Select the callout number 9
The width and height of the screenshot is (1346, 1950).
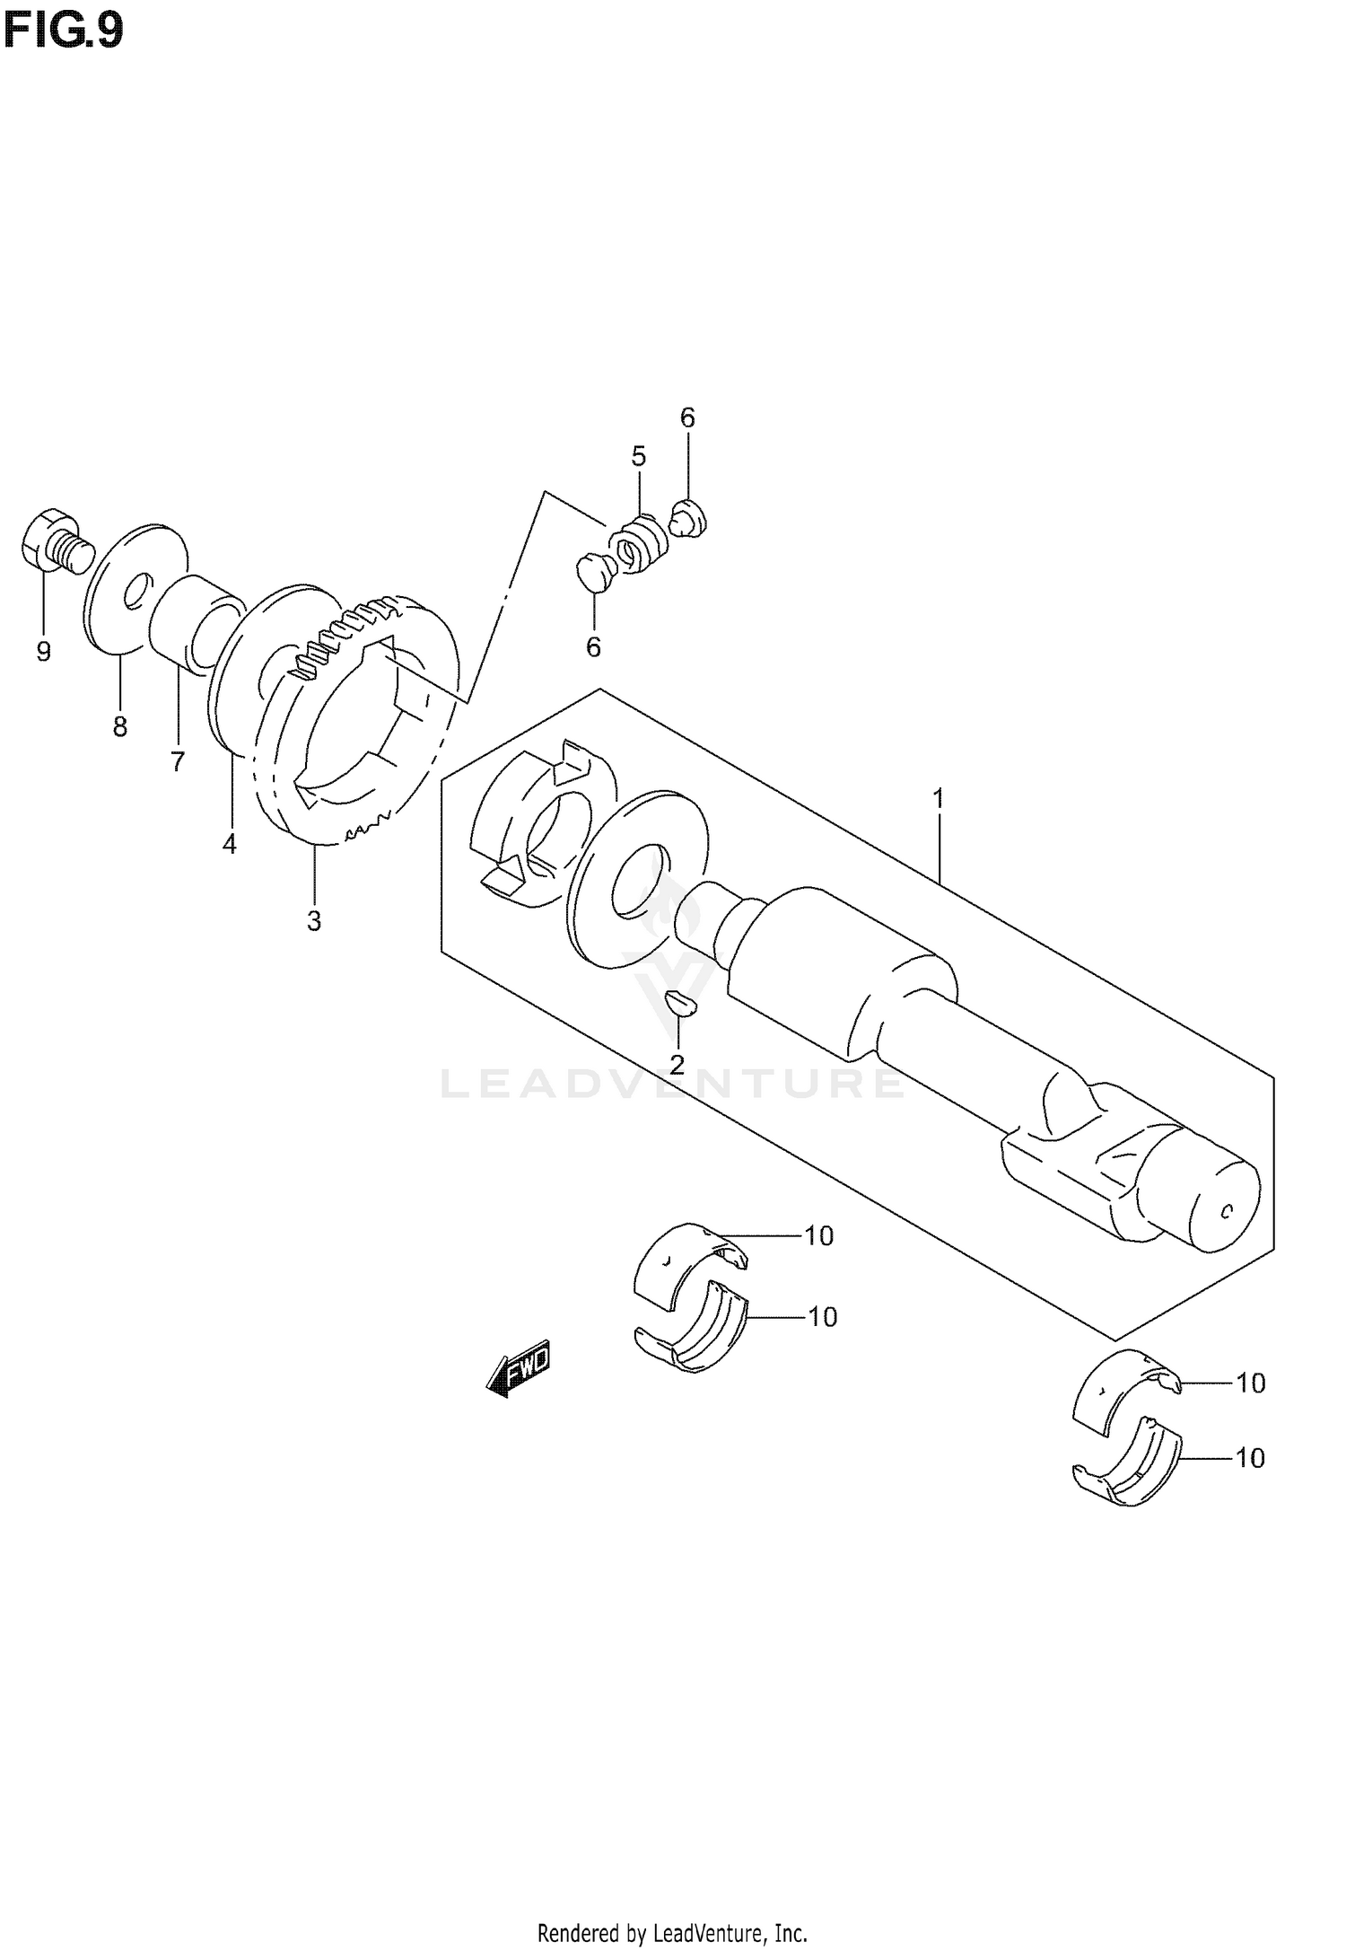click(x=43, y=653)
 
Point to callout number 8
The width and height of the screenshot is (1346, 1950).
click(x=120, y=726)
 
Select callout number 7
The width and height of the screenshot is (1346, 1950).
click(x=177, y=762)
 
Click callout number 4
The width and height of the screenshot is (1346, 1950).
click(x=230, y=844)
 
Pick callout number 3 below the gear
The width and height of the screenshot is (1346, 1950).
click(x=313, y=921)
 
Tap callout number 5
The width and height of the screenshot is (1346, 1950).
click(x=638, y=457)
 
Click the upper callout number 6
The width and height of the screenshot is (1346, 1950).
click(x=687, y=417)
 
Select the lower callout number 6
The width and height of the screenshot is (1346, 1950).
click(x=593, y=647)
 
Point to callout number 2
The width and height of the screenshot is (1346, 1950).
click(x=677, y=1065)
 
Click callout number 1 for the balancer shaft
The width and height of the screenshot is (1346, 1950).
click(x=939, y=797)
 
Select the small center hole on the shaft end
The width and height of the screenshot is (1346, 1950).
click(x=1226, y=1212)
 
